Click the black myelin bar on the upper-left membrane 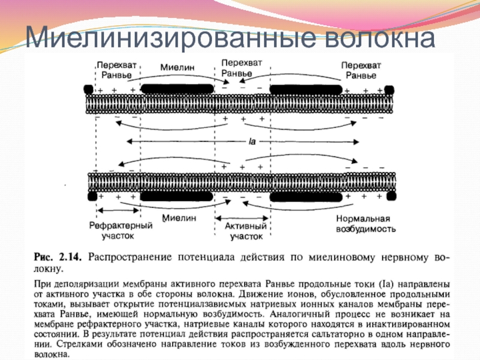[x=177, y=88]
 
